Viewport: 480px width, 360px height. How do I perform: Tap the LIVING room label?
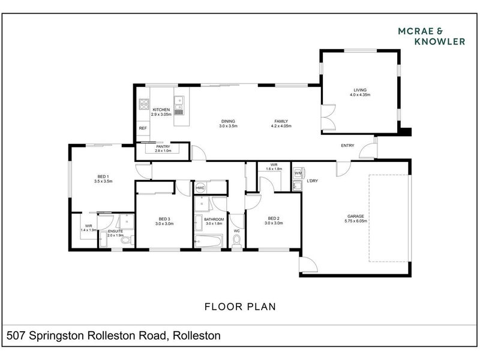click(x=359, y=91)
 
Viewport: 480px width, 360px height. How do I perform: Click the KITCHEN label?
click(x=161, y=110)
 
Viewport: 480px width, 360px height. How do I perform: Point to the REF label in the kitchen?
click(x=143, y=128)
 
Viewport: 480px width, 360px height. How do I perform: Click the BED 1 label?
click(x=103, y=176)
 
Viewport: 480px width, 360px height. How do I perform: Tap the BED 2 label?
click(x=274, y=218)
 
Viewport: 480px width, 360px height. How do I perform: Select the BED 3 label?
click(x=165, y=218)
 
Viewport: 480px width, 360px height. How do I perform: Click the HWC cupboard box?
click(x=200, y=188)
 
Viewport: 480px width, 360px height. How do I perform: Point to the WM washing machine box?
click(x=298, y=173)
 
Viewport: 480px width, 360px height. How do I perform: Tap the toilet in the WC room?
click(x=237, y=241)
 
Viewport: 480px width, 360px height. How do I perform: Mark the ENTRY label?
click(x=347, y=146)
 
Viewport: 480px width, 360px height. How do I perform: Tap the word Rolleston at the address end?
click(x=197, y=335)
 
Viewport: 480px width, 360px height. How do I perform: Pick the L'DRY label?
click(x=312, y=181)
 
